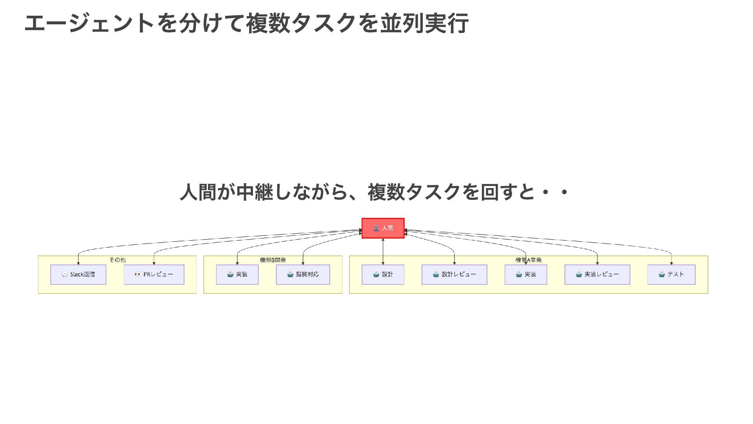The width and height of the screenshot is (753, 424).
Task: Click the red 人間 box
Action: tap(383, 228)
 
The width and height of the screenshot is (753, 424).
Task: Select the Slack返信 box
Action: tap(78, 274)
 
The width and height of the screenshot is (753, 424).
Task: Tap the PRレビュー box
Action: tap(154, 274)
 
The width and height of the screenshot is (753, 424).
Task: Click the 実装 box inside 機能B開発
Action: tap(237, 274)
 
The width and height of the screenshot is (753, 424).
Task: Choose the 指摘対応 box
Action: tap(303, 274)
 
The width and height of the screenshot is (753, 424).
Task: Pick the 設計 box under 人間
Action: tap(383, 274)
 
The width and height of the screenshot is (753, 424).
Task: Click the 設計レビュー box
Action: tap(454, 274)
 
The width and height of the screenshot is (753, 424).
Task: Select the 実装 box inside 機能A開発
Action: tap(526, 274)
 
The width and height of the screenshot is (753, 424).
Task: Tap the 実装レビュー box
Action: tap(597, 274)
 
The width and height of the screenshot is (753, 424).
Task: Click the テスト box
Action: tap(671, 274)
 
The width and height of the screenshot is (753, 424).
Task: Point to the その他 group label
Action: tap(117, 260)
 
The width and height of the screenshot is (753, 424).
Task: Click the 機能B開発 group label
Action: tap(273, 260)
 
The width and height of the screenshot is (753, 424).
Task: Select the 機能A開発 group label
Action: tap(528, 260)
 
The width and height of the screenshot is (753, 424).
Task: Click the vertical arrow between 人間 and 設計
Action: tap(383, 251)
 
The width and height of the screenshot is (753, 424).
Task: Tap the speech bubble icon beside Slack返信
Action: tap(65, 274)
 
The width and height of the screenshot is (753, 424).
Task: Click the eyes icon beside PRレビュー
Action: tap(138, 274)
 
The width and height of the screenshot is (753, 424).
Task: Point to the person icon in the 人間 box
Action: tap(376, 228)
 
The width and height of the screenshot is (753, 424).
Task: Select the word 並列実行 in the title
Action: tap(424, 23)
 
